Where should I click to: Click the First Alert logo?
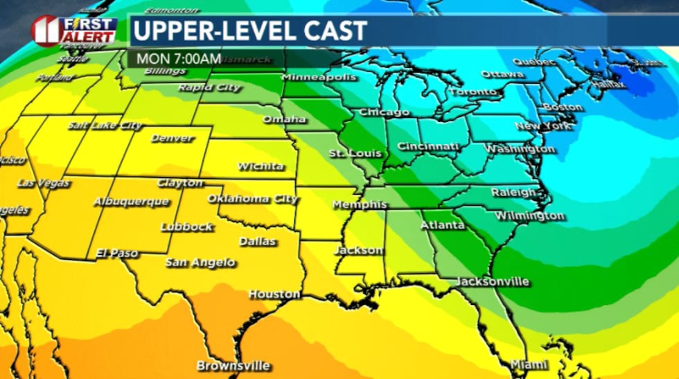point(74,30)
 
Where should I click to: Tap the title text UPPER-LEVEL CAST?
point(250,30)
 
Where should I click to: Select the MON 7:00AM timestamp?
point(169,58)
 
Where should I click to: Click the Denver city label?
point(172,138)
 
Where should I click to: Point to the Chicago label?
point(384,112)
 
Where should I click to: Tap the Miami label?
point(529,364)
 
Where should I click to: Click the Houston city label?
point(274,294)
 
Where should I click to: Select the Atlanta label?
point(442,226)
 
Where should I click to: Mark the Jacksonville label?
point(493,282)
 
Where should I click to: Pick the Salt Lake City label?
point(105,125)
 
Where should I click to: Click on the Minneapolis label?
point(319,77)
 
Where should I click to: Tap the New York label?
point(543,126)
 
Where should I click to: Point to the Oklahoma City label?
point(252,199)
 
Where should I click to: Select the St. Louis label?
point(346,152)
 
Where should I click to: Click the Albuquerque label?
point(131,202)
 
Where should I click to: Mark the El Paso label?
point(117,253)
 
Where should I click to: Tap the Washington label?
point(519,149)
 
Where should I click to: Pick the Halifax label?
point(608,85)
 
